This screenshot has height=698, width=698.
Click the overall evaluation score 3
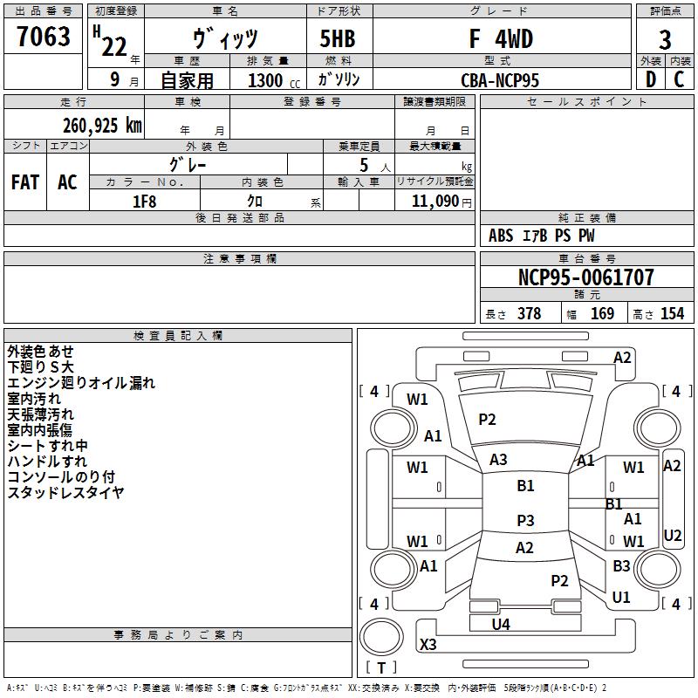pyautogui.click(x=665, y=40)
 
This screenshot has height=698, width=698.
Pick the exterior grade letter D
pyautogui.click(x=650, y=79)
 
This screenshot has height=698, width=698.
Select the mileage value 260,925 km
pyautogui.click(x=102, y=125)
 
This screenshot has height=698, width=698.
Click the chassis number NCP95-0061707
pyautogui.click(x=585, y=278)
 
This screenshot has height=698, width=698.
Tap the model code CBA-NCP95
pyautogui.click(x=500, y=79)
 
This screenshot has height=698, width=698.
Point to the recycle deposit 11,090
pyautogui.click(x=433, y=201)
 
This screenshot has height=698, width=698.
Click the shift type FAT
pyautogui.click(x=25, y=181)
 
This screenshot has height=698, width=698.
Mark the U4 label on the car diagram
pyautogui.click(x=501, y=624)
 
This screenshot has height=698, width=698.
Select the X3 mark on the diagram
pyautogui.click(x=428, y=645)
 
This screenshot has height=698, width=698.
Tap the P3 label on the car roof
pyautogui.click(x=525, y=521)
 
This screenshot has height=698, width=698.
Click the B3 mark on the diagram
pyautogui.click(x=621, y=566)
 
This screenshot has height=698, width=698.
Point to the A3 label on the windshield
pyautogui.click(x=498, y=459)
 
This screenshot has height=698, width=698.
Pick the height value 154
pyautogui.click(x=672, y=314)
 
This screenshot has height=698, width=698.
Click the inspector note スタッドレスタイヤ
pyautogui.click(x=65, y=492)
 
